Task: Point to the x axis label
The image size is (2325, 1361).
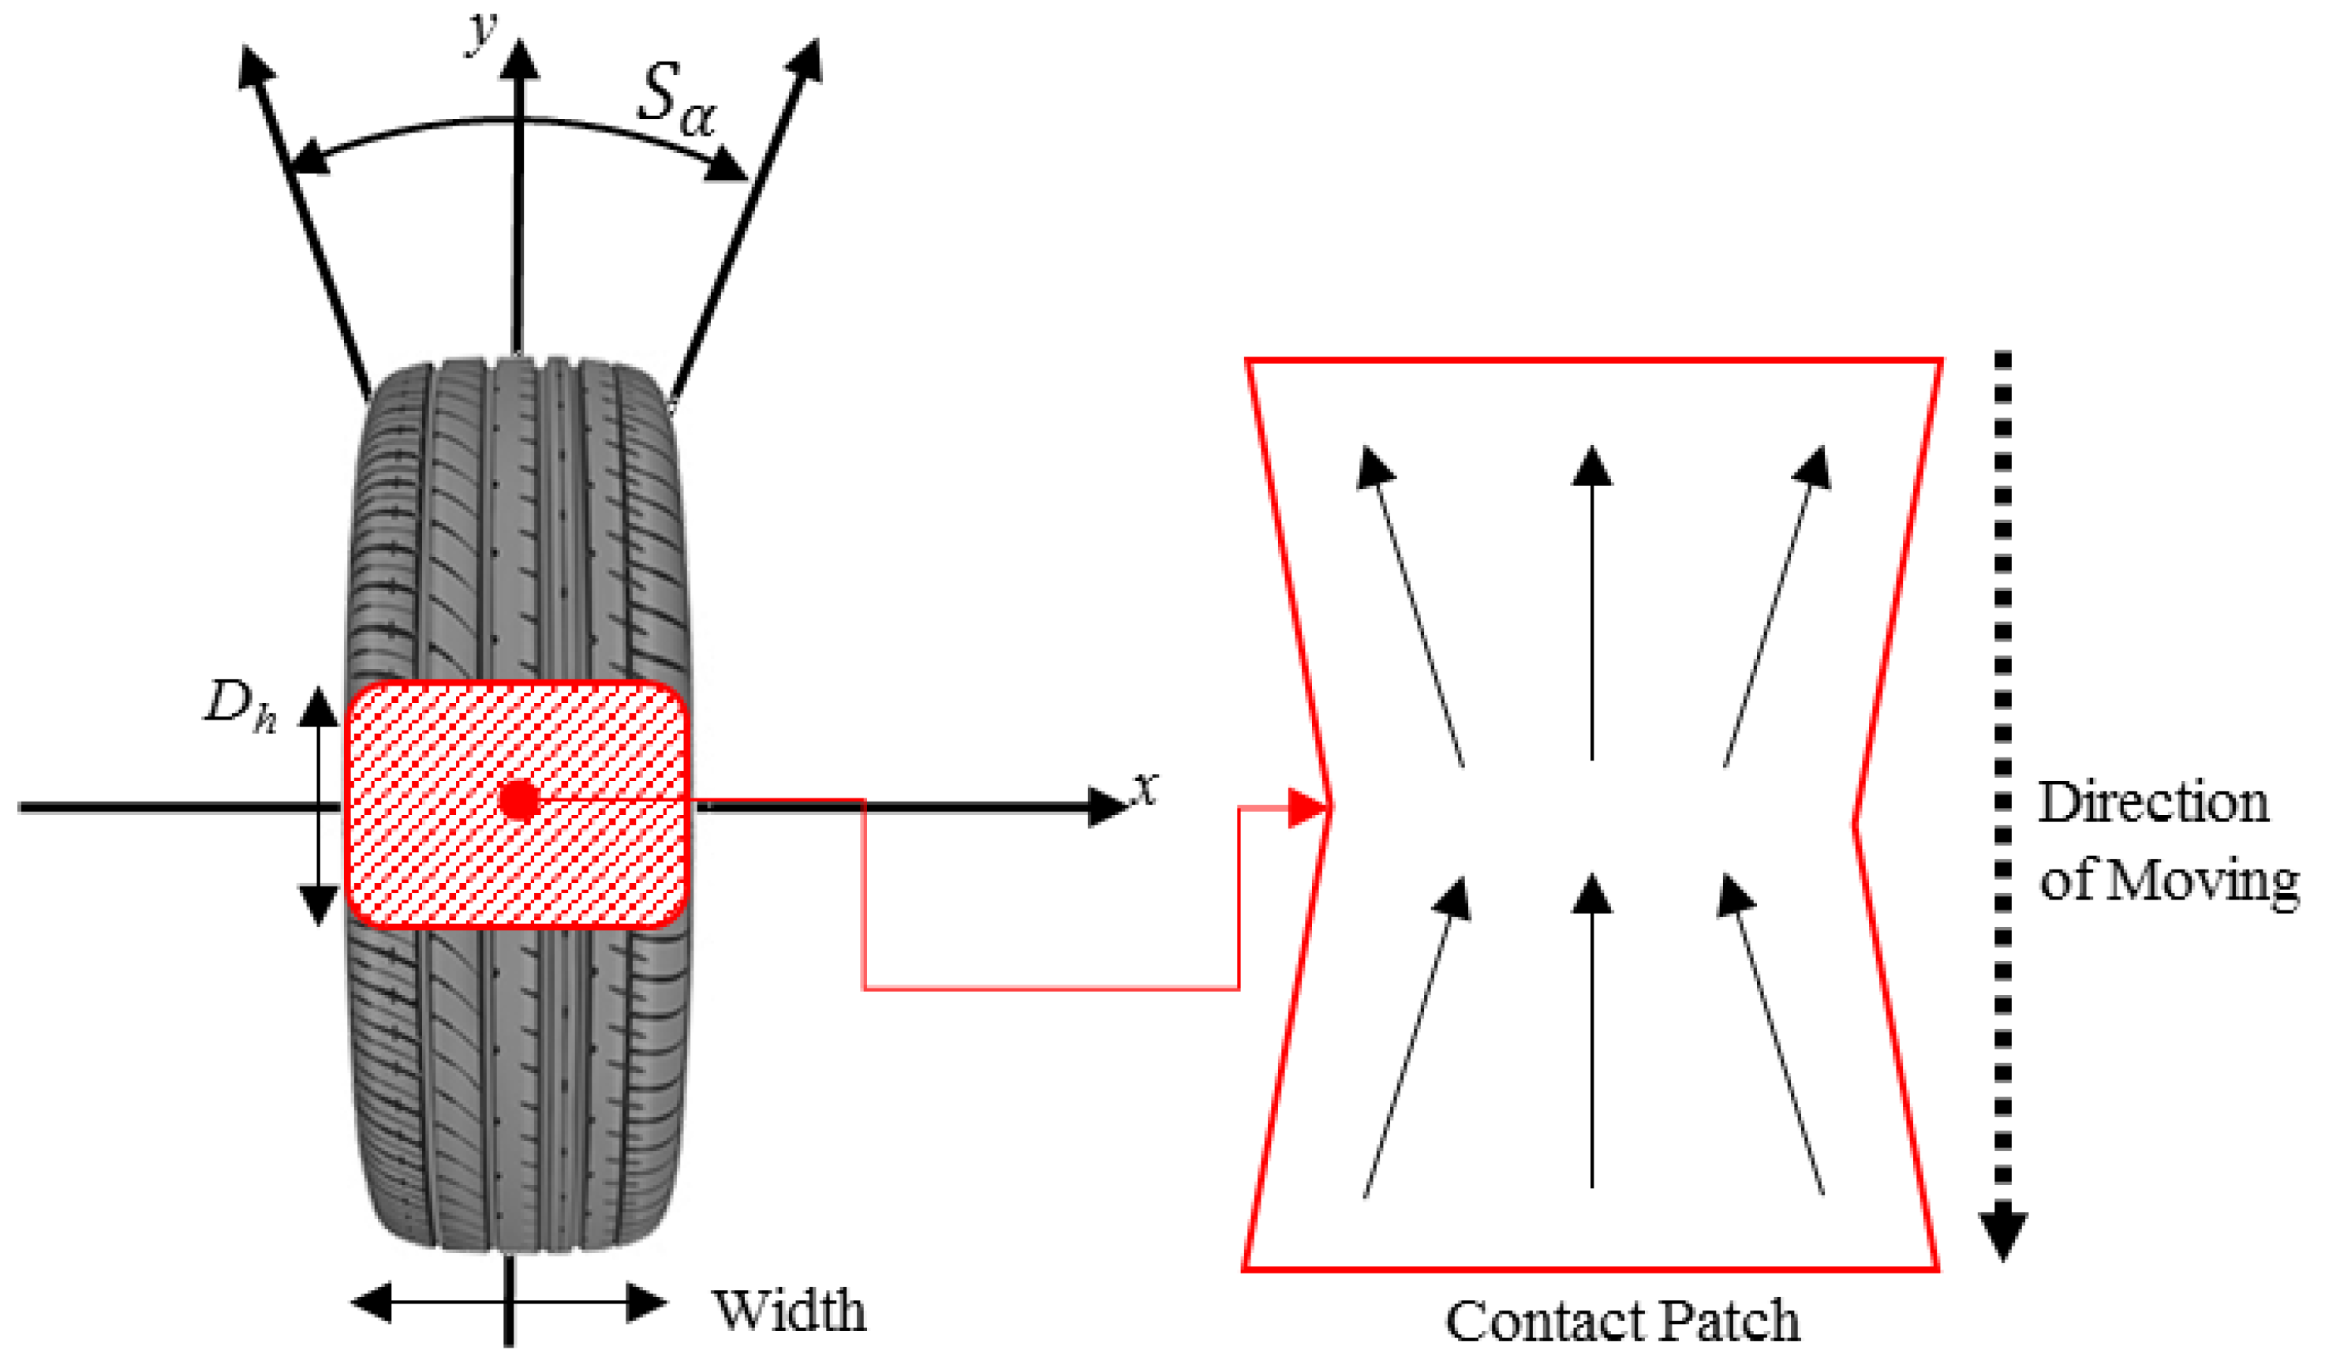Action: click(1145, 789)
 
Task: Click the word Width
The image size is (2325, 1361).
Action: click(789, 1311)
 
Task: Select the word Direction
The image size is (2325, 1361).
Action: click(2152, 802)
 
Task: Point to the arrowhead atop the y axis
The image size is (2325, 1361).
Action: click(521, 60)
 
